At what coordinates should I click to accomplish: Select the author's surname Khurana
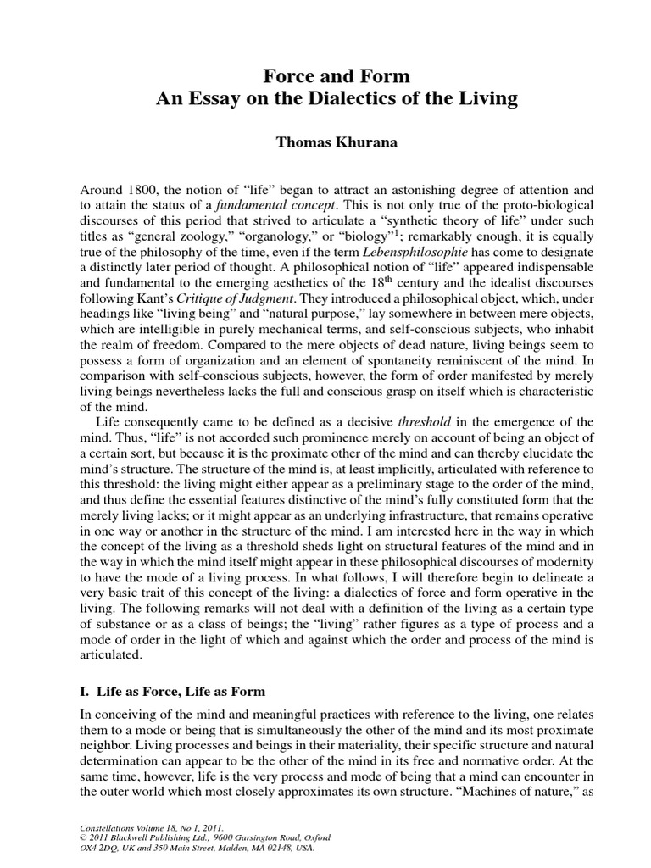pos(344,142)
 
